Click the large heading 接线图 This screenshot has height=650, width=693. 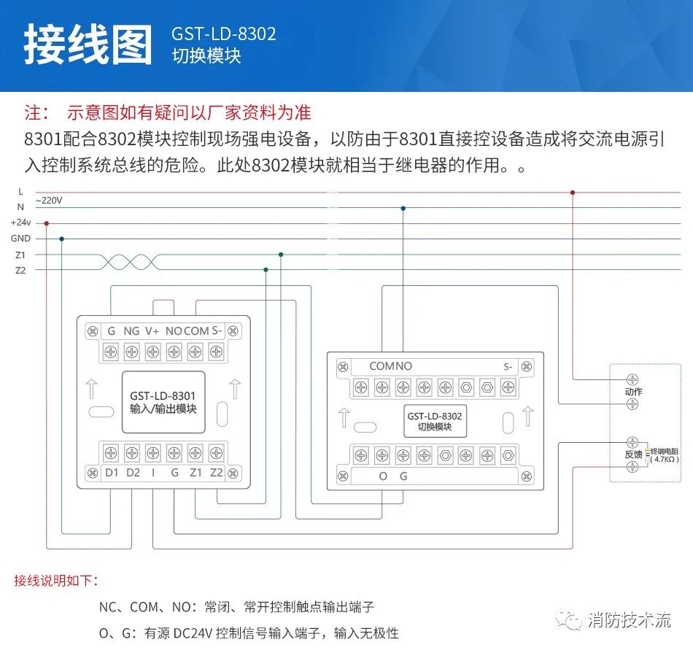[x=88, y=45]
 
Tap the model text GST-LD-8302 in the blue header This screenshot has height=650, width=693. [x=224, y=34]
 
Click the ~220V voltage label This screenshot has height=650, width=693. [x=49, y=201]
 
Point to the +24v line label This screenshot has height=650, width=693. [x=20, y=223]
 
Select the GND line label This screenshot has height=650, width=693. [x=20, y=239]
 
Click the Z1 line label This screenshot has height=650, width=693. [x=20, y=255]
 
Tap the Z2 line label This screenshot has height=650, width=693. [x=20, y=270]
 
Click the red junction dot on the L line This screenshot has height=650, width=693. [x=573, y=193]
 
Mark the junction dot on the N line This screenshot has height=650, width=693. [x=403, y=209]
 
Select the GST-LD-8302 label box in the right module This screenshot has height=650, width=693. [x=435, y=422]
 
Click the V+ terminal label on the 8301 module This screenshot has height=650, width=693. [x=152, y=331]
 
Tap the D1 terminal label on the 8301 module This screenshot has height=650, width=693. [x=112, y=472]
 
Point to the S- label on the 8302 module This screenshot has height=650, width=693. [x=508, y=366]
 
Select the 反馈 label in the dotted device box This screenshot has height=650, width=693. [x=633, y=454]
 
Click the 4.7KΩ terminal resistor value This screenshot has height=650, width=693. [x=665, y=460]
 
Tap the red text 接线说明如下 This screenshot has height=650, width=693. [x=55, y=581]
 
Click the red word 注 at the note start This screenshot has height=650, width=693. [x=34, y=113]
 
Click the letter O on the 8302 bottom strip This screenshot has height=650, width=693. [x=382, y=476]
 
